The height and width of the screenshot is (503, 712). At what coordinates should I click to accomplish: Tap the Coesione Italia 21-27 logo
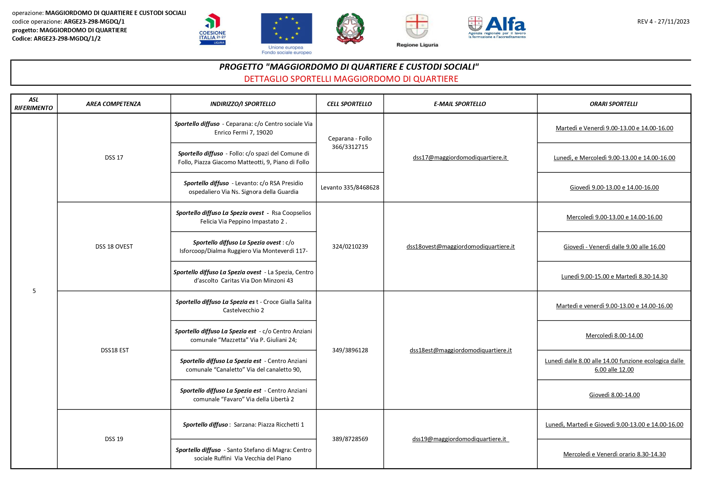[x=212, y=29]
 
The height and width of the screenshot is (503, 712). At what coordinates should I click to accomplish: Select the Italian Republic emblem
[x=350, y=29]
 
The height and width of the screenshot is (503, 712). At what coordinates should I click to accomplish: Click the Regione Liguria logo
[x=417, y=30]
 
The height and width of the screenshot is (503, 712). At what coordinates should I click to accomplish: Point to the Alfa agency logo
[x=497, y=27]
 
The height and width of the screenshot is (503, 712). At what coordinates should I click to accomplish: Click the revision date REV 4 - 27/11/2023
[x=663, y=22]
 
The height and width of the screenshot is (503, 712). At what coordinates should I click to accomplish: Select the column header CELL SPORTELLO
[x=350, y=104]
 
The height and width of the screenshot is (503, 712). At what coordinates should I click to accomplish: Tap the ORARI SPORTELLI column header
[x=613, y=104]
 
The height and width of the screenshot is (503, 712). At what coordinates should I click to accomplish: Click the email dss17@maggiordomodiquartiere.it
[x=460, y=158]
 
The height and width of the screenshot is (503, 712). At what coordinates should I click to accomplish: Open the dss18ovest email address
[x=460, y=247]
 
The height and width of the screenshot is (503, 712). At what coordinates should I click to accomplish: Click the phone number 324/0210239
[x=350, y=247]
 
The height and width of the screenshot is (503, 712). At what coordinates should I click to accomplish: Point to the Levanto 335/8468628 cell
[x=350, y=187]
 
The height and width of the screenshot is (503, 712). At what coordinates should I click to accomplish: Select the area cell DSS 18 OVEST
[x=114, y=247]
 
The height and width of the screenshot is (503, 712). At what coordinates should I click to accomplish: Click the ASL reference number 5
[x=34, y=291]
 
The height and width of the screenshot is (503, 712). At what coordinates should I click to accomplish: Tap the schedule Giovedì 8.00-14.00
[x=614, y=395]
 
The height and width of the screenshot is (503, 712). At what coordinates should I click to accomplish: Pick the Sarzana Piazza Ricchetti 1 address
[x=243, y=424]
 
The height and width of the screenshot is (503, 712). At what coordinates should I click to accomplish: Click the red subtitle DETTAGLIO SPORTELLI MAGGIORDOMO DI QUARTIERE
[x=351, y=79]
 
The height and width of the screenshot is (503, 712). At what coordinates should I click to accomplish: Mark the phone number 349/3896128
[x=350, y=350]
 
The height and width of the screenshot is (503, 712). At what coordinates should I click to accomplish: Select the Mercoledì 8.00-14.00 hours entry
[x=614, y=336]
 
